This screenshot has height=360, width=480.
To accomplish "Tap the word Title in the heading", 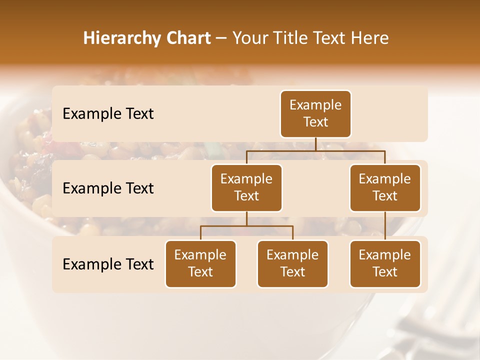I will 287,38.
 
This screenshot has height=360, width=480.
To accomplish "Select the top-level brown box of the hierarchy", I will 315,113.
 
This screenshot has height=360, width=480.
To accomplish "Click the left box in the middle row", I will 246,187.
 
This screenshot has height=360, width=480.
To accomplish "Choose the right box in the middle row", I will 385,187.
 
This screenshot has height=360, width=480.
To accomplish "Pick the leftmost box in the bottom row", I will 200,263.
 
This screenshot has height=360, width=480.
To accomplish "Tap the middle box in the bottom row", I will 292,263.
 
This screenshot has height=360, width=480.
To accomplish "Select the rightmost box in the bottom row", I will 385,263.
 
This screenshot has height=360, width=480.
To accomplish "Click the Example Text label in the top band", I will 108,114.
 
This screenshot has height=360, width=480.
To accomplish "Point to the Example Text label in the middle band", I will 108,188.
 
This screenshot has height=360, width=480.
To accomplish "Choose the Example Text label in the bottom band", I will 108,264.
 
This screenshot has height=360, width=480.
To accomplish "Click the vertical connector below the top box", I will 315,144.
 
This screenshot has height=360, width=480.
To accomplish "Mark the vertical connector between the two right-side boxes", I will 385,226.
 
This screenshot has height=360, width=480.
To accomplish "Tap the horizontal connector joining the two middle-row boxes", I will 315,150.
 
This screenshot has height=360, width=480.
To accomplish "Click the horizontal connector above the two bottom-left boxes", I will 246,226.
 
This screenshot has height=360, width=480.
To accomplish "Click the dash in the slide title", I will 221,39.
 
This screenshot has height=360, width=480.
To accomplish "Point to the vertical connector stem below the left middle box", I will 246,218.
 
